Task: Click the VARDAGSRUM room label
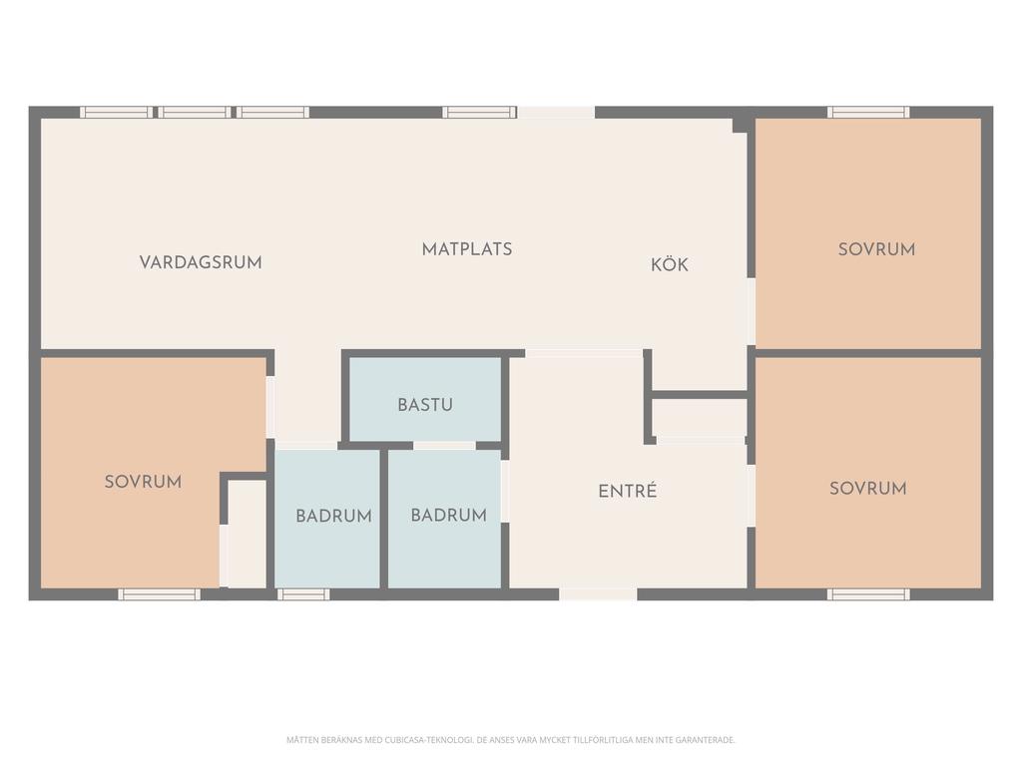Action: [201, 262]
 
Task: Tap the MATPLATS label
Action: [467, 248]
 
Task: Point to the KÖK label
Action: [670, 263]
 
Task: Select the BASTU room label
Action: [425, 405]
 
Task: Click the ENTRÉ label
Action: [627, 491]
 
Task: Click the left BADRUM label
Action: [333, 516]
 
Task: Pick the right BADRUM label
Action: [448, 516]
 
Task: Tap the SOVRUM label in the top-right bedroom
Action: [876, 248]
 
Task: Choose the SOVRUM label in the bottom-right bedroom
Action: [868, 488]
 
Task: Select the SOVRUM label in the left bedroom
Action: [143, 482]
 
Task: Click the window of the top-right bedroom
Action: [868, 112]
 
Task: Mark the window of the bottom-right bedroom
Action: [868, 594]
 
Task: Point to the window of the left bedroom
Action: [159, 594]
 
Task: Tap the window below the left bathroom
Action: [303, 594]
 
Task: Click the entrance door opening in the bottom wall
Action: [598, 594]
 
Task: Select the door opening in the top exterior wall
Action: [556, 112]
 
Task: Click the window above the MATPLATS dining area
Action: [479, 112]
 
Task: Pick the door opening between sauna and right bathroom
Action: [444, 446]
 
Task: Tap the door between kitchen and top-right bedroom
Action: [751, 311]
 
